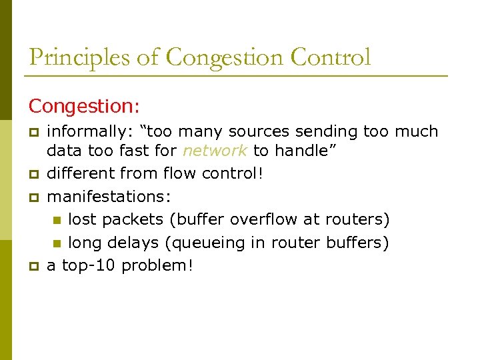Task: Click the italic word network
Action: pyautogui.click(x=215, y=151)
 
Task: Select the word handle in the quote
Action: pyautogui.click(x=303, y=151)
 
